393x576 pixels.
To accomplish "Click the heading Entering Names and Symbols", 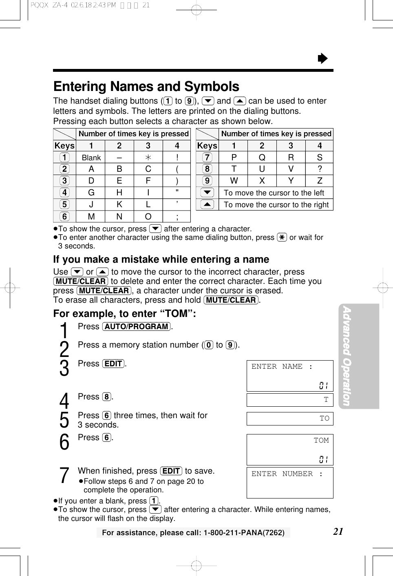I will pyautogui.click(x=146, y=86).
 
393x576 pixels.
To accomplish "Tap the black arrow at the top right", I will pyautogui.click(x=322, y=59).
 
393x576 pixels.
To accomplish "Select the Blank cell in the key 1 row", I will pyautogui.click(x=91, y=158).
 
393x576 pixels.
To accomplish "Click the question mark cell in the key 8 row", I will pyautogui.click(x=320, y=169).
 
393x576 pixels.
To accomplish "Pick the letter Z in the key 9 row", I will pyautogui.click(x=320, y=181).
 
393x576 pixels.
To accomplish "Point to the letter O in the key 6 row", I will pyautogui.click(x=148, y=217).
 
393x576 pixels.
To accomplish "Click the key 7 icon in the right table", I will pyautogui.click(x=207, y=157).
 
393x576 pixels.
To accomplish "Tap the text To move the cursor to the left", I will pyautogui.click(x=274, y=193).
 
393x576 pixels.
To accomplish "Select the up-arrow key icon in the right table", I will pyautogui.click(x=207, y=204).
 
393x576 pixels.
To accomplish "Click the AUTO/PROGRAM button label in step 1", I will pyautogui.click(x=137, y=327).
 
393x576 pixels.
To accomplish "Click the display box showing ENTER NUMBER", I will pyautogui.click(x=290, y=483).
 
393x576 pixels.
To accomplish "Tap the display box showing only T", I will pyautogui.click(x=290, y=400).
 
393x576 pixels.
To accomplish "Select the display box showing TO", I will pyautogui.click(x=290, y=419).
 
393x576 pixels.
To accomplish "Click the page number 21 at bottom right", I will pyautogui.click(x=338, y=531).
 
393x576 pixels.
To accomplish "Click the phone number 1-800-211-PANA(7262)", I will pyautogui.click(x=244, y=532).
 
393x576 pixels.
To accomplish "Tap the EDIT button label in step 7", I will pyautogui.click(x=171, y=471).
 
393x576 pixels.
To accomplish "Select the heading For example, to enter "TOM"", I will pyautogui.click(x=125, y=314).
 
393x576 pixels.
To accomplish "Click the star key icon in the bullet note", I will pyautogui.click(x=282, y=237).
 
